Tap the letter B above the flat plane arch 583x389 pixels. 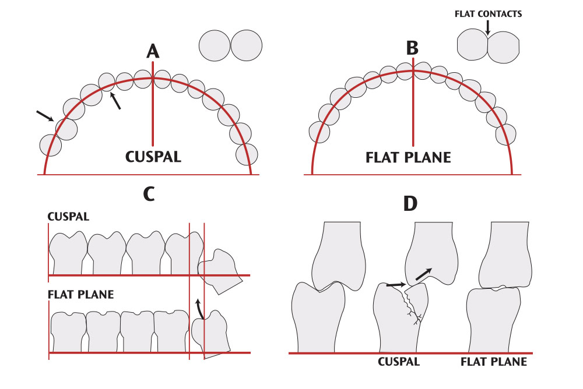click(x=412, y=48)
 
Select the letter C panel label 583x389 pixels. click(x=149, y=193)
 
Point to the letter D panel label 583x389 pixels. click(x=412, y=203)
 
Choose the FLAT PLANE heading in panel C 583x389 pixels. click(x=80, y=294)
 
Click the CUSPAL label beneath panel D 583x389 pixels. click(x=399, y=362)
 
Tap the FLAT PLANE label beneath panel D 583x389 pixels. click(x=493, y=362)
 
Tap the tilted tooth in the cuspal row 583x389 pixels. click(x=221, y=271)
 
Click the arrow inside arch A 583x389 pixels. click(x=117, y=101)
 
